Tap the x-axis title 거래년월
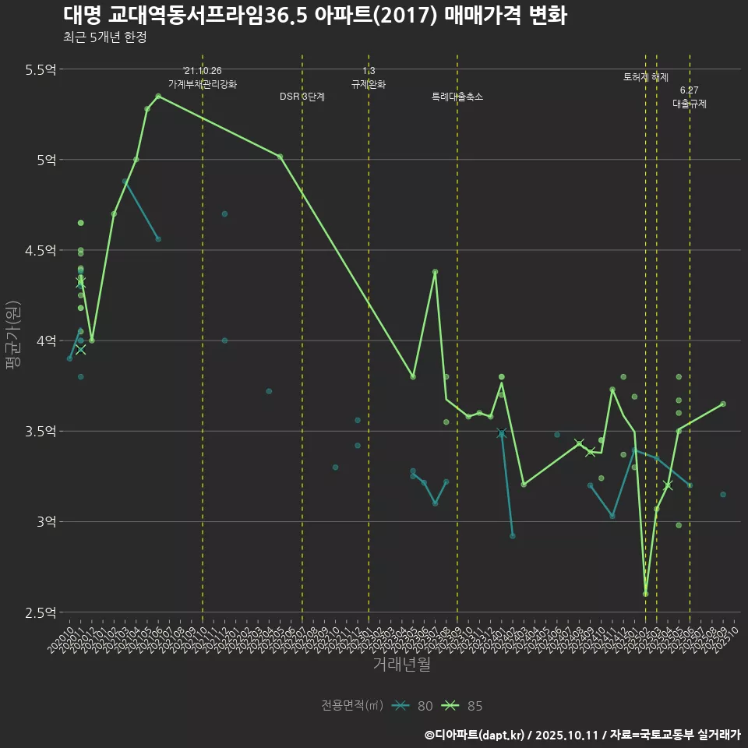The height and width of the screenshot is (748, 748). pyautogui.click(x=401, y=664)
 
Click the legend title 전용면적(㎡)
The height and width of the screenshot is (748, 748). pyautogui.click(x=351, y=706)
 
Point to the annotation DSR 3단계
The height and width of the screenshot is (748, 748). pyautogui.click(x=302, y=97)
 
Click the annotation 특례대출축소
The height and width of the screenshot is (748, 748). pyautogui.click(x=457, y=97)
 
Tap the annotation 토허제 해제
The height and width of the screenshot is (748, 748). pyautogui.click(x=646, y=77)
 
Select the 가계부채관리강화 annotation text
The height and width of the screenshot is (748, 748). pyautogui.click(x=203, y=84)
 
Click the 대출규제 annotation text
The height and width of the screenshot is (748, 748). pyautogui.click(x=690, y=104)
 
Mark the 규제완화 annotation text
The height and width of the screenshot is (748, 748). pyautogui.click(x=369, y=84)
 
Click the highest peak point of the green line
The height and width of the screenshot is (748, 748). pyautogui.click(x=158, y=96)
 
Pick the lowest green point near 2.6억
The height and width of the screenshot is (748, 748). pyautogui.click(x=645, y=594)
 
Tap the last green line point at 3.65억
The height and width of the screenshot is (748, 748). pyautogui.click(x=723, y=404)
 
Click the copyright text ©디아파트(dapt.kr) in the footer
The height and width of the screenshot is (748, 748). pyautogui.click(x=475, y=735)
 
